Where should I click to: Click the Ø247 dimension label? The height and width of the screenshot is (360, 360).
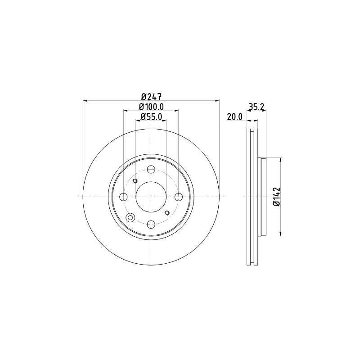(151, 96)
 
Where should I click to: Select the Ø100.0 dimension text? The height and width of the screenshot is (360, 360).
(151, 107)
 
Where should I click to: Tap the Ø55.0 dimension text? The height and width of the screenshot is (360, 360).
(151, 117)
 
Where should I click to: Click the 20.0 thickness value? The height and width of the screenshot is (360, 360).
(234, 117)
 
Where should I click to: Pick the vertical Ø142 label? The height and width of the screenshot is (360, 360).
(277, 197)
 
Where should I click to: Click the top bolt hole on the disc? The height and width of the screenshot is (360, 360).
(151, 170)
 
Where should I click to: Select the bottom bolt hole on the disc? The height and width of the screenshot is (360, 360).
(151, 224)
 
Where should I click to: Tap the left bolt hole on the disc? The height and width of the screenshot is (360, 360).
(123, 197)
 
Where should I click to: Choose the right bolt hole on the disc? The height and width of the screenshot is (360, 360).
(178, 197)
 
